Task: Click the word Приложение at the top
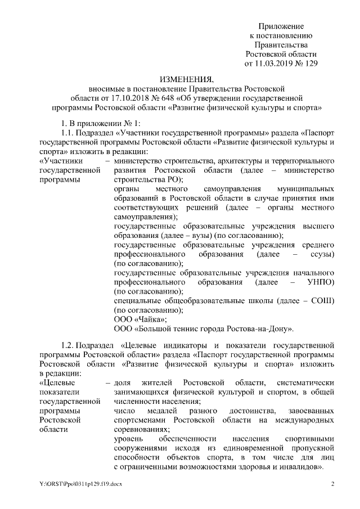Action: (281, 26)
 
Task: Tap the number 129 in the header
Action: (310, 64)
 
